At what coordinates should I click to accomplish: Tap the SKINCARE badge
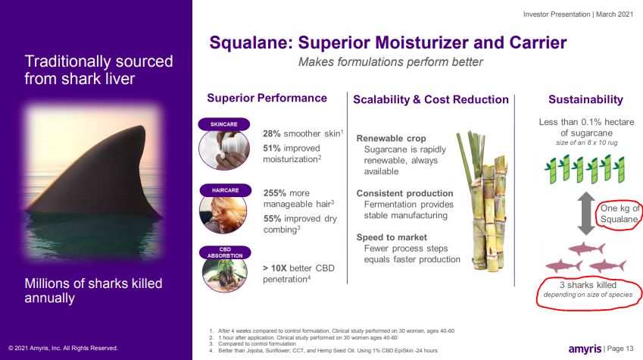point(224,124)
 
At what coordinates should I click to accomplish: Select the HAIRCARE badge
point(226,190)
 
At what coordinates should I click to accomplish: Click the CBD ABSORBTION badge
point(225,252)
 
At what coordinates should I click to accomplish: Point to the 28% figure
point(271,133)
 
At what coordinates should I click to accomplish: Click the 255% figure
point(274,193)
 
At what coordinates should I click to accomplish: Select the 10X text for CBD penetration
point(279,268)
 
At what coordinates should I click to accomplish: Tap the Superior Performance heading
point(267,98)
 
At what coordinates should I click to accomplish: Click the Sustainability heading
point(585,100)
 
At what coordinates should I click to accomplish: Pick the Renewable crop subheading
point(392,139)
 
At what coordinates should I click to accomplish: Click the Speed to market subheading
point(392,237)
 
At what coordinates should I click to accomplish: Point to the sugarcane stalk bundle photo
point(482,201)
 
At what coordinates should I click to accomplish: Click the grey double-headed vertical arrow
point(586,214)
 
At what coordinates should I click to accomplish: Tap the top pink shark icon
point(587,249)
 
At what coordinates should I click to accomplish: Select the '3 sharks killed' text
point(588,285)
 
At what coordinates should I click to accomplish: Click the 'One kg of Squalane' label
point(620,214)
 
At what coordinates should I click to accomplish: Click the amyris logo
point(585,349)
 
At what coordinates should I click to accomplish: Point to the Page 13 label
point(620,349)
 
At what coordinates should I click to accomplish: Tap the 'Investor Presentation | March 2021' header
point(578,14)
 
